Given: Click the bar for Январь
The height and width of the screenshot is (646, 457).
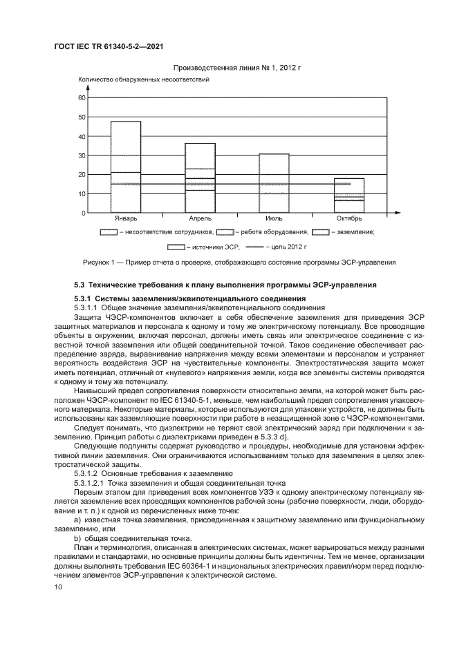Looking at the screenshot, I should click(x=125, y=167).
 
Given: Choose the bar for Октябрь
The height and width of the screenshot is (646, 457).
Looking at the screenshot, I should click(x=348, y=196).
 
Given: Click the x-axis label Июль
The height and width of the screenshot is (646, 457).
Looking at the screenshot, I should click(x=274, y=220).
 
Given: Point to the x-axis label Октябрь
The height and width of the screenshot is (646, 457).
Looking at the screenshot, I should click(x=348, y=220).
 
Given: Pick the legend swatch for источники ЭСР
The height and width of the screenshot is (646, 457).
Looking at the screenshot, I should click(x=176, y=246).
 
